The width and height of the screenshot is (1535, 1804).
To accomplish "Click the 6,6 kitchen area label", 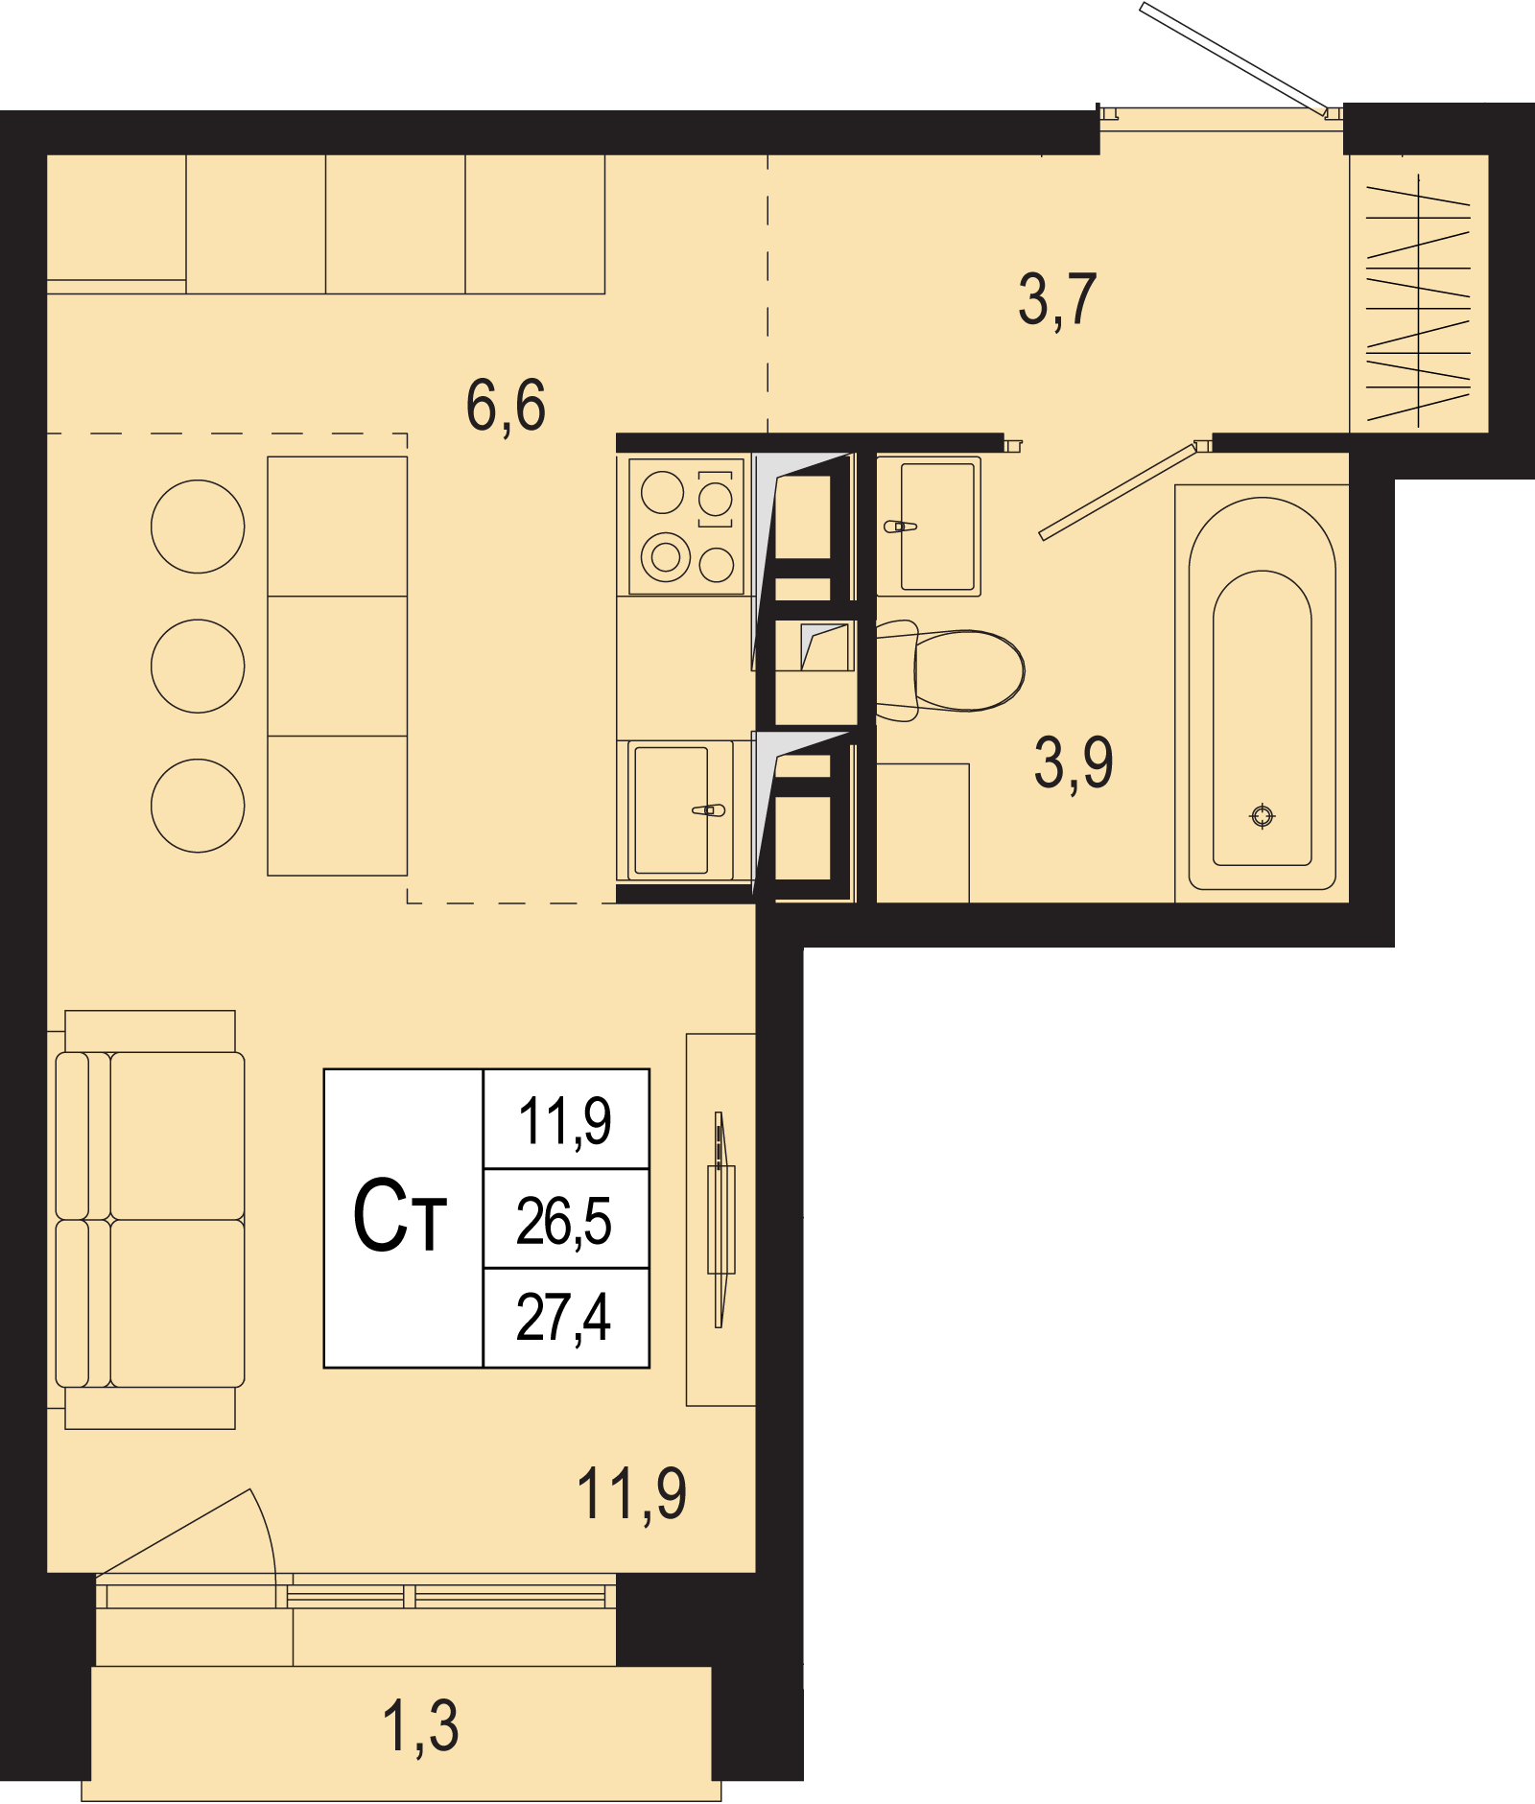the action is (x=506, y=405).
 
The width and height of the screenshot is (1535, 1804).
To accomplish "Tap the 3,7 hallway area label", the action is (x=1057, y=300).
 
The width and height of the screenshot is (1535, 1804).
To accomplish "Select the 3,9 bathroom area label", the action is (x=1074, y=763).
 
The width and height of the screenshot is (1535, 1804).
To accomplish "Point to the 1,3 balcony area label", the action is (x=420, y=1726).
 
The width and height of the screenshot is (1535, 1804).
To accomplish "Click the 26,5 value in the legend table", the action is (x=564, y=1221).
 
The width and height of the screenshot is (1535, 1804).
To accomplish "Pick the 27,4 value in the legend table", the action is (x=564, y=1318).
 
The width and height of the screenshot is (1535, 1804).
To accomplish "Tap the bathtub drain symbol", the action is (x=1263, y=816).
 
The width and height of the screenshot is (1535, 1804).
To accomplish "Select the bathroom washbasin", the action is (x=929, y=526).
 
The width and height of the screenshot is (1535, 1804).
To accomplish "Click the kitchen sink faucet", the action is (x=709, y=810).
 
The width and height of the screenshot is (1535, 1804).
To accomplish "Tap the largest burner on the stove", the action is (x=666, y=557).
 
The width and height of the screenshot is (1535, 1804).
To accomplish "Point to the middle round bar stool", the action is (x=198, y=666).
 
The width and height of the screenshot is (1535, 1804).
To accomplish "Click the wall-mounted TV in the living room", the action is (x=720, y=1220).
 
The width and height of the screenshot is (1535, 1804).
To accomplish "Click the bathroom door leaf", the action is (x=1119, y=490).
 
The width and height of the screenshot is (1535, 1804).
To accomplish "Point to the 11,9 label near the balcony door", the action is (x=631, y=1494).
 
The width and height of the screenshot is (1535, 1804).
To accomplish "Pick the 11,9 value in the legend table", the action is (x=564, y=1120).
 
